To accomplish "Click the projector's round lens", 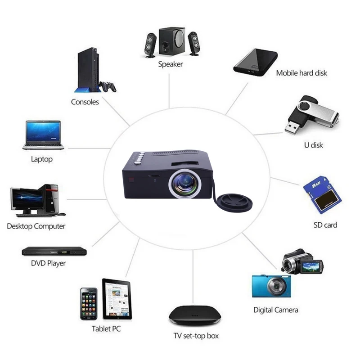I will point(184,182).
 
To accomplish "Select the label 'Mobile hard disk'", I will point(301,73).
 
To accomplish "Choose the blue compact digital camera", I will point(271,286).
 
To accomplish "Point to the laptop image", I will point(43,135).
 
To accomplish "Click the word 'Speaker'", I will point(171,64).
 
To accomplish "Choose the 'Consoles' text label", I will point(85,102).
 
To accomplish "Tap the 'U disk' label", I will point(314,145).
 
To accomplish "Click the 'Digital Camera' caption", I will point(275,310).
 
